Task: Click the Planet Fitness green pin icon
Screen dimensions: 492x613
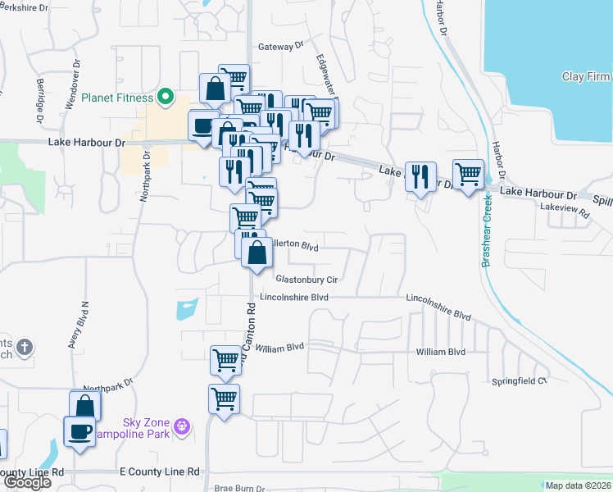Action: click(x=166, y=98)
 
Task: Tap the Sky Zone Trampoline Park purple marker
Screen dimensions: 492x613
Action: click(x=182, y=426)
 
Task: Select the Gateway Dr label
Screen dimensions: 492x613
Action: click(x=281, y=48)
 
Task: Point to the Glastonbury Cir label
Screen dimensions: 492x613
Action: click(x=306, y=280)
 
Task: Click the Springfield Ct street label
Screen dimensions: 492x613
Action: click(x=519, y=381)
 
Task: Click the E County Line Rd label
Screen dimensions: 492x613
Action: click(x=160, y=471)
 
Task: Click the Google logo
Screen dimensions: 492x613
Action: click(x=26, y=482)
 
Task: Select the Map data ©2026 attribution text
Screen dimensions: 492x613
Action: click(x=577, y=485)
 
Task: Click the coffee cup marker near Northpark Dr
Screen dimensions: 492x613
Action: click(x=79, y=431)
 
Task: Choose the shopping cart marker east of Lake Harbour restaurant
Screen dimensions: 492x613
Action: click(x=468, y=174)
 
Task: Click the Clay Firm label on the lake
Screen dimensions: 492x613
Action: click(x=585, y=77)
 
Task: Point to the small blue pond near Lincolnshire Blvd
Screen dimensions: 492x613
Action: click(x=187, y=309)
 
